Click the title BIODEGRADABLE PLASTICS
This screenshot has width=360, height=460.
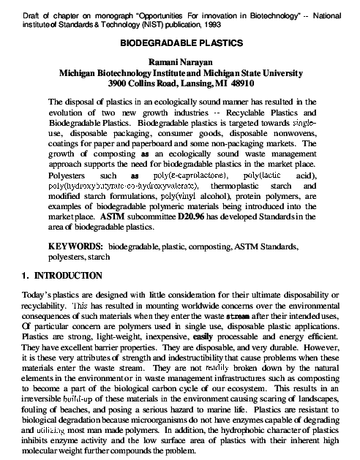180,44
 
